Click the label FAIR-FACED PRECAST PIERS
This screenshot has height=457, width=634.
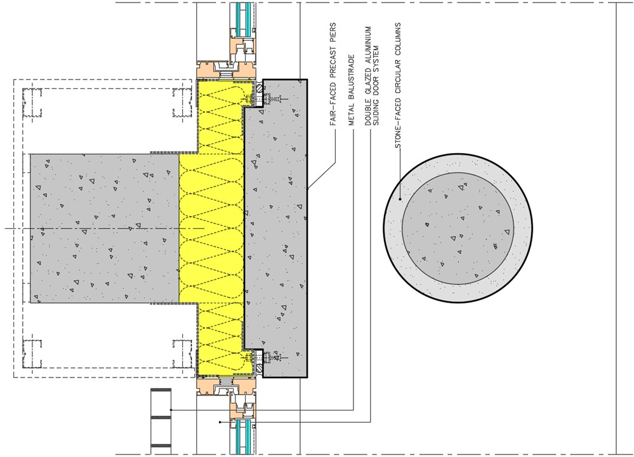334,74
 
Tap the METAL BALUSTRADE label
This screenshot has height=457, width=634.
352,90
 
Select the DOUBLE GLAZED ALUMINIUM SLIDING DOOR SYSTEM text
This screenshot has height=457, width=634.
371,76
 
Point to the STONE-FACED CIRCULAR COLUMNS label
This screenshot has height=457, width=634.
399,85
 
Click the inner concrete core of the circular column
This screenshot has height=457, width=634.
458,228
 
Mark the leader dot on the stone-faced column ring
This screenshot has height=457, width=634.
400,199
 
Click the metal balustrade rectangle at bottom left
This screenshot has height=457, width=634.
161,421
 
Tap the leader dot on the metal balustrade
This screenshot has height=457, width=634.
171,409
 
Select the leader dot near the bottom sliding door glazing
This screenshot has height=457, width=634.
220,422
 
